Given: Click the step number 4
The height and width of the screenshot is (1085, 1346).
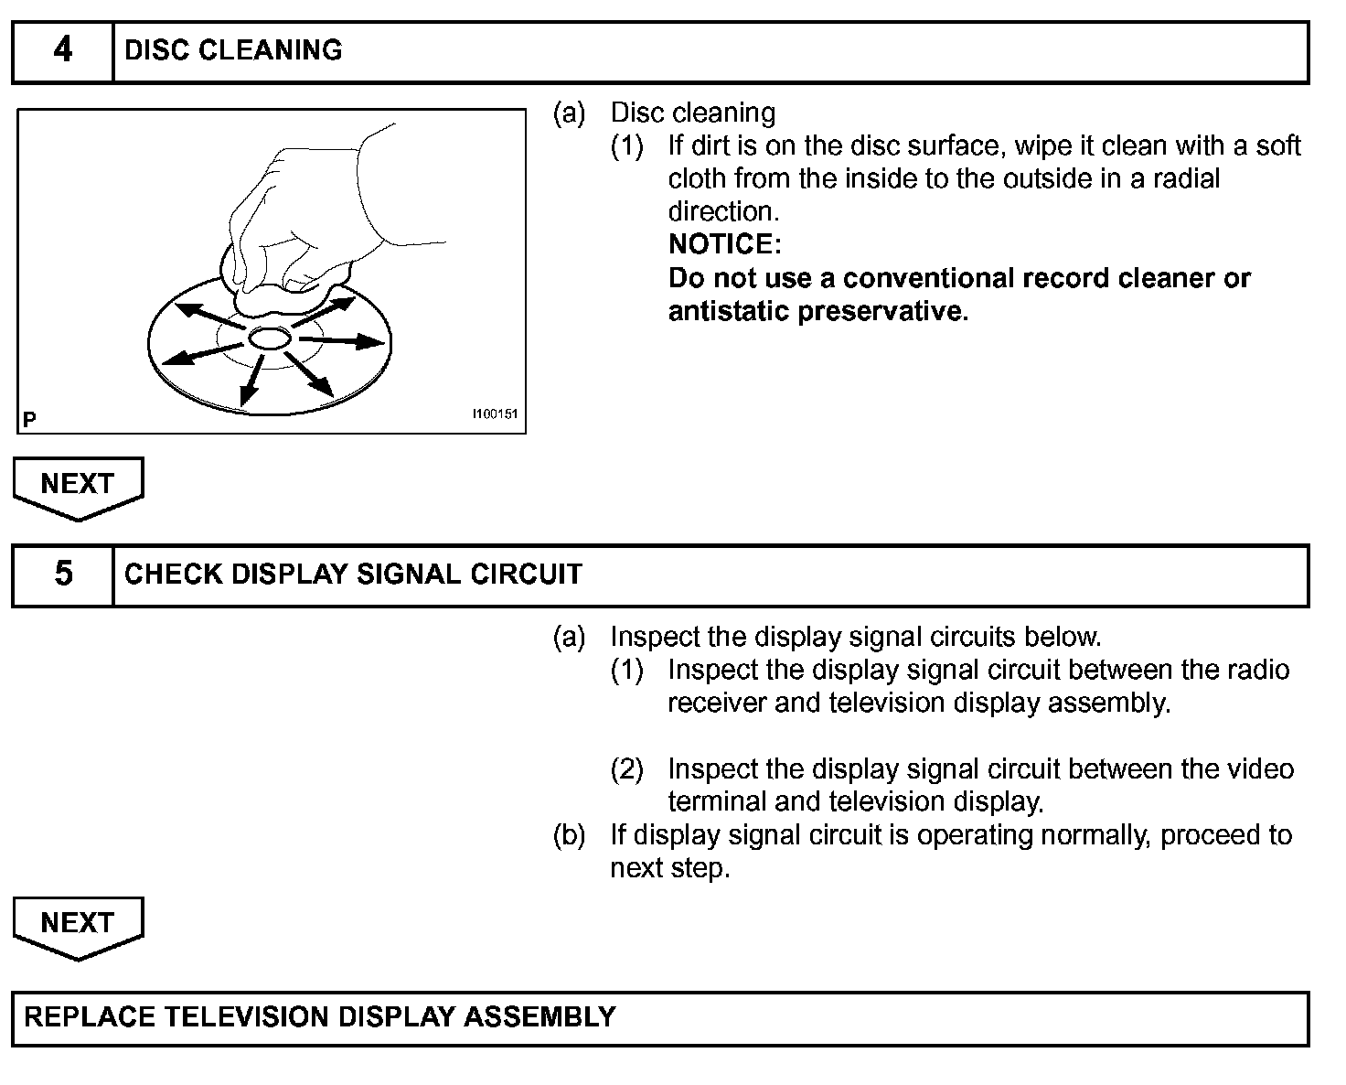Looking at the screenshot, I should (62, 50).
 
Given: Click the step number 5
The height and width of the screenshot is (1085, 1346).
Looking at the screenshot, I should (62, 574).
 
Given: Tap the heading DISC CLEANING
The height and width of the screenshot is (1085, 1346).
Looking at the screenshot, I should (233, 50).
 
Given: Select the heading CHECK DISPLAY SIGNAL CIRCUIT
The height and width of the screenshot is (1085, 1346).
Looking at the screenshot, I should (353, 575).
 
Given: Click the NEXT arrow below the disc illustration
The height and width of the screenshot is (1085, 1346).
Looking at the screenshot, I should (78, 486).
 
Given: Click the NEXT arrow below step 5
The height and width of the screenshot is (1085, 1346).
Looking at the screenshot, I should (78, 925).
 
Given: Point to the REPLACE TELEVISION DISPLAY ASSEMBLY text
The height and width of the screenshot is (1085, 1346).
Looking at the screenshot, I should (320, 1017).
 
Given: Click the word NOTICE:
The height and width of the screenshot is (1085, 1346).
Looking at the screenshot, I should (725, 244).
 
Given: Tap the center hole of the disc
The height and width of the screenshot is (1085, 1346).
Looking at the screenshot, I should (269, 338).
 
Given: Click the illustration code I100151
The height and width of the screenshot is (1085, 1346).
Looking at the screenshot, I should (495, 414).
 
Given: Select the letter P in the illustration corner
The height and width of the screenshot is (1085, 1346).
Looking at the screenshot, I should (30, 420).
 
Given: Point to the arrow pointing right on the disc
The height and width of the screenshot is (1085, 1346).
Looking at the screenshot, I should (343, 341).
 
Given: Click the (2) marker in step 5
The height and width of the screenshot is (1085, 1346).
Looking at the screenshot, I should (626, 768).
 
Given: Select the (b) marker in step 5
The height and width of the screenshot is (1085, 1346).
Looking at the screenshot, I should (569, 834).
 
